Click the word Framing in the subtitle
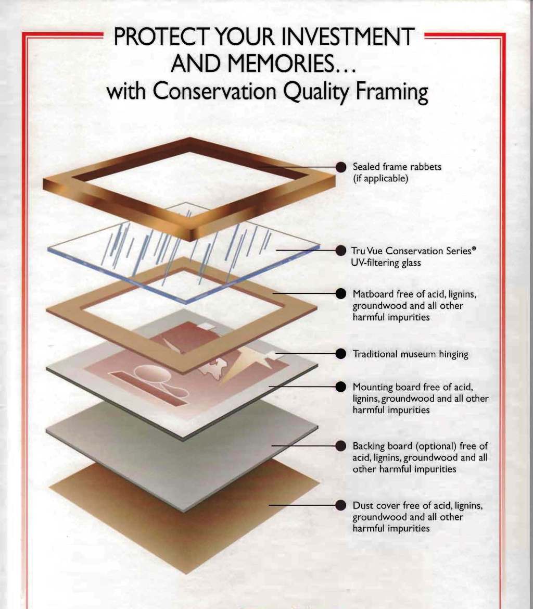coord(392,92)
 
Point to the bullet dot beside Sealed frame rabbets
coord(340,167)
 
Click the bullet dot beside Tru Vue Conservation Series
coord(340,251)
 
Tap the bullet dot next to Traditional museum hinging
coord(340,354)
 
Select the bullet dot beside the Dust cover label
coord(340,505)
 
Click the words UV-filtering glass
coord(386,263)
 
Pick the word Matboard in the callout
coord(373,294)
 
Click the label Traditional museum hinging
coord(410,354)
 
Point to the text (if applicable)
coord(380,179)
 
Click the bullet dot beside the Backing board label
coord(340,446)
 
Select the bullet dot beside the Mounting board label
coord(340,387)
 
